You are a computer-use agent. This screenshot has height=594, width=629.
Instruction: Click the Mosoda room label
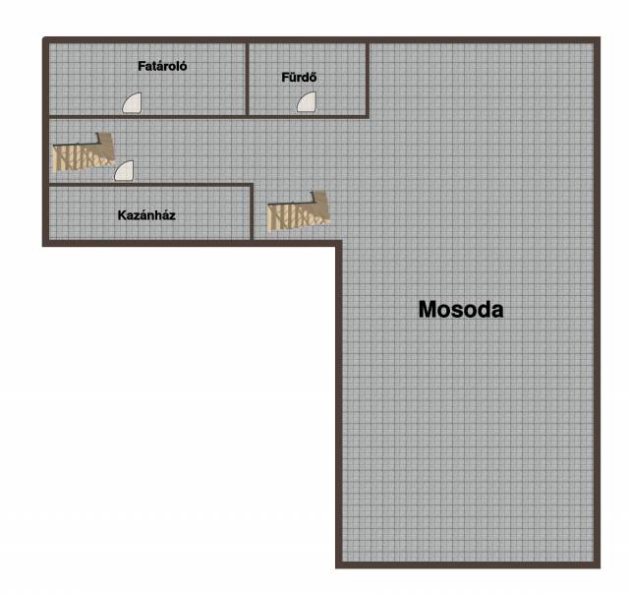pos(461,310)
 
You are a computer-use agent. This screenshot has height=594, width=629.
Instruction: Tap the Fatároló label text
pos(162,66)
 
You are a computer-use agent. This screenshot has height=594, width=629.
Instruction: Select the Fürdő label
pos(299,77)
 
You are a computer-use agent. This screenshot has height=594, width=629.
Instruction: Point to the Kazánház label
pos(146,215)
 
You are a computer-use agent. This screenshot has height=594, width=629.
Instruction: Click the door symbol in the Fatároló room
pos(132,102)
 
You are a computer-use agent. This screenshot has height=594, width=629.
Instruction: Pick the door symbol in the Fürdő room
pos(307,102)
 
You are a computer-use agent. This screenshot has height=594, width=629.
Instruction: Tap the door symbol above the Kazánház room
pos(124,171)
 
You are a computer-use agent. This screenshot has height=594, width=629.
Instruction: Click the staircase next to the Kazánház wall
pos(299,211)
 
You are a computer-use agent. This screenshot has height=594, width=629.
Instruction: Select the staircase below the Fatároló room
pos(84,152)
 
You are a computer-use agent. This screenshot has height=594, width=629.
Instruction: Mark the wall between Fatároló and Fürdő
pos(247,79)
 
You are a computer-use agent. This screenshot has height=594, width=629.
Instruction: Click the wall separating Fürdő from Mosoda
pos(368,80)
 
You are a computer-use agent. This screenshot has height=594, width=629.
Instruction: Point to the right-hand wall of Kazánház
pos(252,212)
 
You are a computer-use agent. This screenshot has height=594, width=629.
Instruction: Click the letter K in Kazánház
pos(122,215)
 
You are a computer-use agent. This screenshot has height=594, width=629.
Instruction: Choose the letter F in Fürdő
pos(285,78)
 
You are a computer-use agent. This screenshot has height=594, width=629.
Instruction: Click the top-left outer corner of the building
pos(43,37)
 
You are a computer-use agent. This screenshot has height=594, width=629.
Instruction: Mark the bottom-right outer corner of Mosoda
pos(600,567)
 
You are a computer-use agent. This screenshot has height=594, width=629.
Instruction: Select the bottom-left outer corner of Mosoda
pos(336,567)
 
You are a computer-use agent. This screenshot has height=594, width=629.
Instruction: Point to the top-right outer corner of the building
pos(600,37)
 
